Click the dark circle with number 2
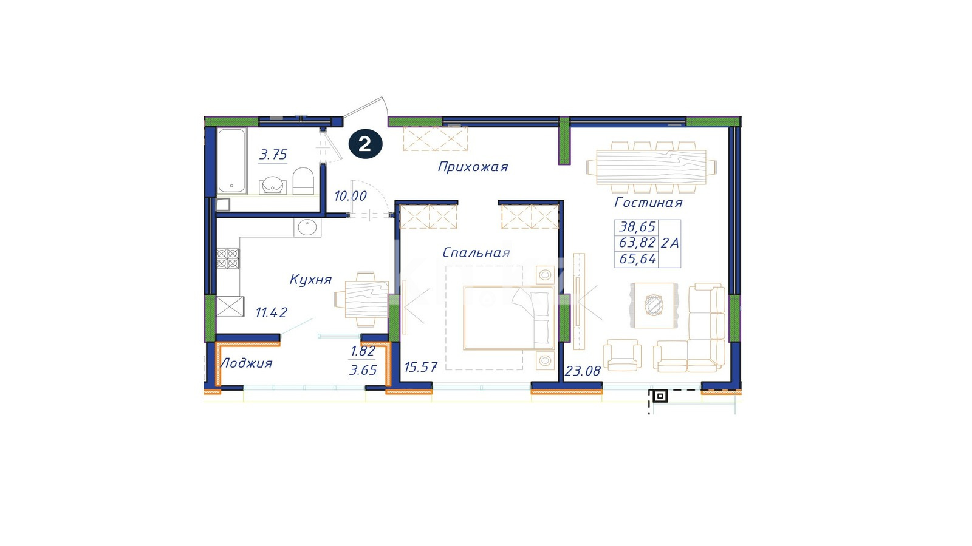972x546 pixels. click(x=365, y=144)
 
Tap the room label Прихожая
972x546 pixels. click(x=473, y=167)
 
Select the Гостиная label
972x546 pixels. click(x=648, y=203)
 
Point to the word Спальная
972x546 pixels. click(x=476, y=252)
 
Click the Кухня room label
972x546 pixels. click(x=310, y=280)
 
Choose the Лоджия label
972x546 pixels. click(x=247, y=363)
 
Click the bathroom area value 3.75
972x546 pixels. click(x=273, y=155)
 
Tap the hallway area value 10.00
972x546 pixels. click(x=351, y=196)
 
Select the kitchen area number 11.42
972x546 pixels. click(x=271, y=312)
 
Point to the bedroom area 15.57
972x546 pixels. click(x=420, y=368)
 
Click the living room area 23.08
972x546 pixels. click(x=583, y=371)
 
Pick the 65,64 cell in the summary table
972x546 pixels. click(x=637, y=259)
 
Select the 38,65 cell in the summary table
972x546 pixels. click(x=637, y=227)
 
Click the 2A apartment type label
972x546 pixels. click(x=670, y=243)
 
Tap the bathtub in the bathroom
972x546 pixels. click(x=231, y=161)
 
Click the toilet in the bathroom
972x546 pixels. click(x=303, y=181)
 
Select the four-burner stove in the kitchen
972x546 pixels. click(x=228, y=258)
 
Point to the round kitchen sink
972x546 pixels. click(x=307, y=227)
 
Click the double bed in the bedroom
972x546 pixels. click(x=509, y=317)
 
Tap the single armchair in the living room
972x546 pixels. click(x=622, y=356)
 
